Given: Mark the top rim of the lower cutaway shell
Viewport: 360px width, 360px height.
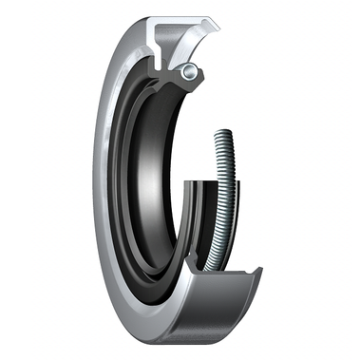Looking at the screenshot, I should [x=228, y=271].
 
